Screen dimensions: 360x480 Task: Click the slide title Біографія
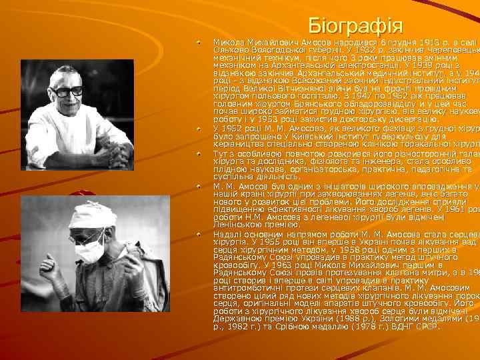pos(356,27)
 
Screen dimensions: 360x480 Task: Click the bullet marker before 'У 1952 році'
pos(198,127)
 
